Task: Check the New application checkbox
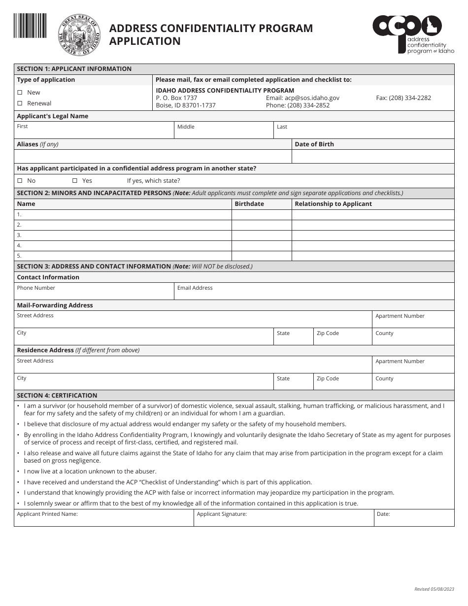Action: tap(20, 93)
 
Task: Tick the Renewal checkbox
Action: tap(20, 103)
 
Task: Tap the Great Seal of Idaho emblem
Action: tap(79, 35)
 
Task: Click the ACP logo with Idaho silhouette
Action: tap(413, 33)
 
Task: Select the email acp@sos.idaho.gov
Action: tap(302, 98)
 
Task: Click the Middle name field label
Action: tap(186, 127)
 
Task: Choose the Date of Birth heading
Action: tap(314, 144)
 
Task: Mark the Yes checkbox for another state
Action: tap(75, 181)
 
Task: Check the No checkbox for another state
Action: tap(20, 181)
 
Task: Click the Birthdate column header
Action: tap(249, 204)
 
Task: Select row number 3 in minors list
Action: tap(19, 235)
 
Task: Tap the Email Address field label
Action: tap(195, 288)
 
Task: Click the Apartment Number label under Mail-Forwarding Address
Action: tap(400, 316)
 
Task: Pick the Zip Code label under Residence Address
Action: tap(328, 379)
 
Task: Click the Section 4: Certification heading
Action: tap(57, 396)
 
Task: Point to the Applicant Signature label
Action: tap(221, 514)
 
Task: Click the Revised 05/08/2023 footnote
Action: tap(434, 589)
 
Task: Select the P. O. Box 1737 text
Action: tap(176, 98)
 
